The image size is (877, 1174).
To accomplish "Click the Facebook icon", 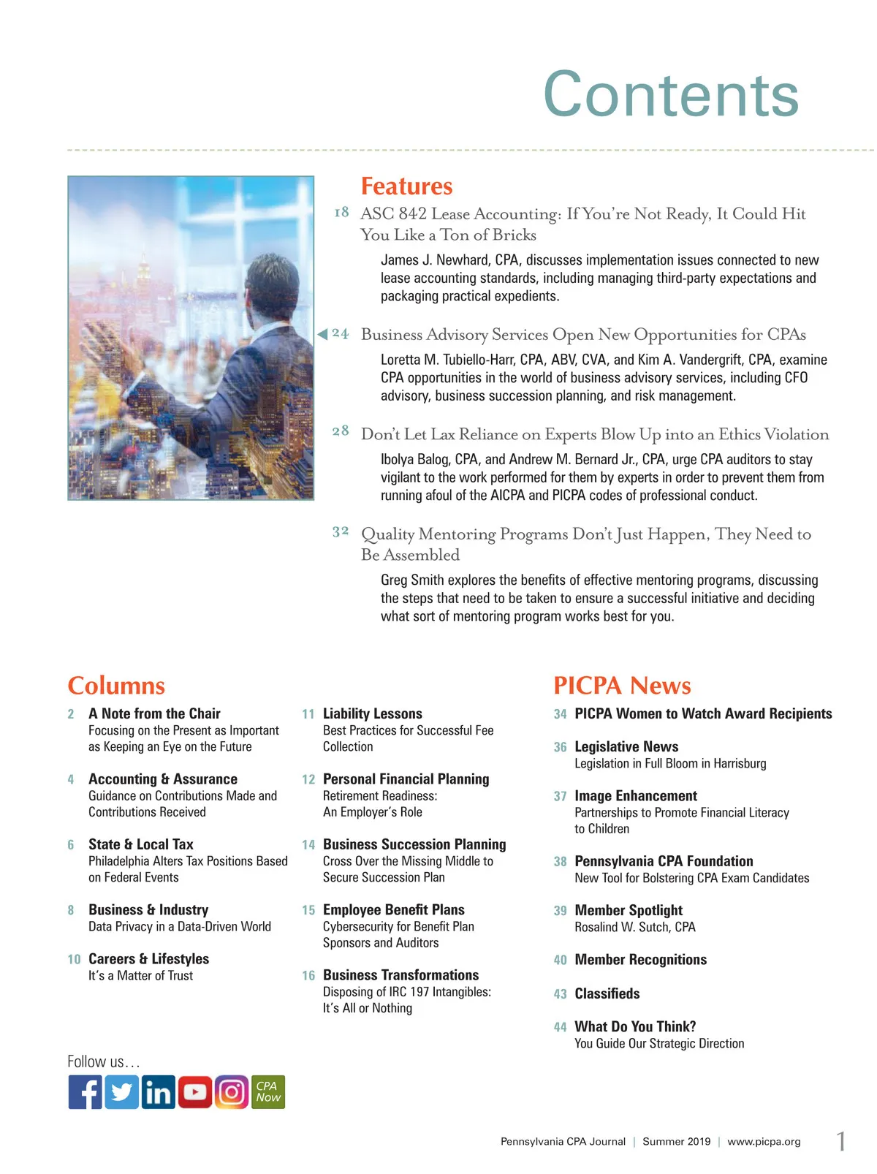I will pyautogui.click(x=86, y=1092).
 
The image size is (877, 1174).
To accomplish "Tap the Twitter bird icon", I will pyautogui.click(x=121, y=1092).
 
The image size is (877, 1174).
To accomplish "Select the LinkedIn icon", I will pyautogui.click(x=158, y=1092).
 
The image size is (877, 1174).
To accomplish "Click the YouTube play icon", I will pyautogui.click(x=194, y=1092).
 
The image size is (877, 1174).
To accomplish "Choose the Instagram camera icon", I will pyautogui.click(x=231, y=1092).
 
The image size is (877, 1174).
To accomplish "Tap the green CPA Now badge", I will pyautogui.click(x=267, y=1092).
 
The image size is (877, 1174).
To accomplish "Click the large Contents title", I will pyautogui.click(x=671, y=94).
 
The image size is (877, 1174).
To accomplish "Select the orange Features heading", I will pyautogui.click(x=406, y=186).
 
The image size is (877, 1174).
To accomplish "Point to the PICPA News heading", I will pyautogui.click(x=622, y=686).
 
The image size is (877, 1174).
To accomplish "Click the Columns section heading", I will pyautogui.click(x=116, y=686).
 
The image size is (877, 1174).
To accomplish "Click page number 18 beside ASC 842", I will pyautogui.click(x=341, y=213).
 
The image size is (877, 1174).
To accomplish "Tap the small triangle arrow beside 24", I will pyautogui.click(x=322, y=334).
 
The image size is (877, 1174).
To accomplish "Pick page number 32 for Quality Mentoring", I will pyautogui.click(x=341, y=532).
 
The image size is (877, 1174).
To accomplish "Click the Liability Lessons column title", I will pyautogui.click(x=373, y=713).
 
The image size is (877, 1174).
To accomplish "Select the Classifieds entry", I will pyautogui.click(x=607, y=993).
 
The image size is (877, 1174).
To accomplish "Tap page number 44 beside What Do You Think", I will pyautogui.click(x=561, y=1027).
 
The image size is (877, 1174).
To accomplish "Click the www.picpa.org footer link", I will pyautogui.click(x=764, y=1142).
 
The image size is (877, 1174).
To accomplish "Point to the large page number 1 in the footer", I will pyautogui.click(x=841, y=1141).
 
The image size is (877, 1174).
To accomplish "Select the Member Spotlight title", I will pyautogui.click(x=629, y=910).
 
